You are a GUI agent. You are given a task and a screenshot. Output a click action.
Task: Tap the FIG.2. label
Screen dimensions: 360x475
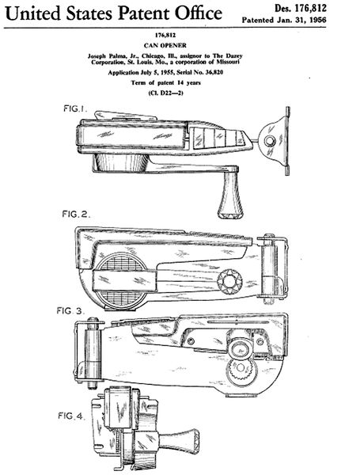tap(76, 215)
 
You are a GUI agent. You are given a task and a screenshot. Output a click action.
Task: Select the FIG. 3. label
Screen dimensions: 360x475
tap(70, 311)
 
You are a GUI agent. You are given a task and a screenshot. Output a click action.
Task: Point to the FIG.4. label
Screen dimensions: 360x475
tap(71, 416)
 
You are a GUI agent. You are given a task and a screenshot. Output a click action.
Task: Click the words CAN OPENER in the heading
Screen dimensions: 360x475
tap(165, 45)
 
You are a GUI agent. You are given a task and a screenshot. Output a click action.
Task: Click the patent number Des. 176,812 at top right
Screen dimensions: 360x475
tap(301, 8)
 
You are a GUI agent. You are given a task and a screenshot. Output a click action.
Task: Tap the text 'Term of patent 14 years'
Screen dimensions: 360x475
tap(165, 82)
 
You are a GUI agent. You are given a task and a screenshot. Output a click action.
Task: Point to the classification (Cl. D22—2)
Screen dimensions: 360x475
tap(165, 93)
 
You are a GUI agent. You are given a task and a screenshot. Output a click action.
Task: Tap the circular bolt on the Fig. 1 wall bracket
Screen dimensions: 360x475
tap(269, 141)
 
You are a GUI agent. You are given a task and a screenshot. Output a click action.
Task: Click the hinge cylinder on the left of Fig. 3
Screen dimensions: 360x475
tap(93, 353)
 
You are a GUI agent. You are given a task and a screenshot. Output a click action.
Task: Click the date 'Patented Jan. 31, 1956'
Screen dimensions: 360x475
tap(284, 21)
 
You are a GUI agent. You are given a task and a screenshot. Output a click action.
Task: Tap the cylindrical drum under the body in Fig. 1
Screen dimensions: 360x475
tap(121, 163)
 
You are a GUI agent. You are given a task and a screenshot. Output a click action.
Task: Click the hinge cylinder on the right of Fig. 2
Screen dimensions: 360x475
tap(269, 269)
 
